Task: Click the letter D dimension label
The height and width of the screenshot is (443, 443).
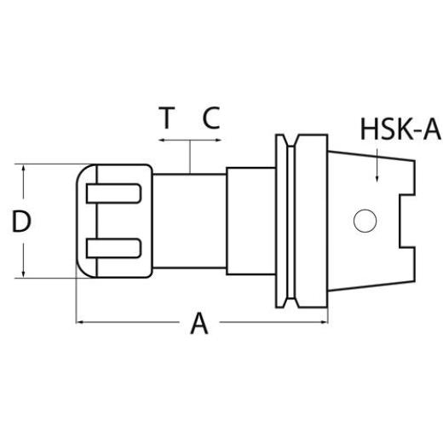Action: coord(22,222)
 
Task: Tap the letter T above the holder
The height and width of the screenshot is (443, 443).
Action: coord(168,118)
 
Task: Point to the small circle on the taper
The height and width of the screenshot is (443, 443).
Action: coord(365,222)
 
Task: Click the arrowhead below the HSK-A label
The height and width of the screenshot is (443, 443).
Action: coord(377,179)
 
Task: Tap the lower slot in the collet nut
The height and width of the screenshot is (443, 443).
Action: coord(114,249)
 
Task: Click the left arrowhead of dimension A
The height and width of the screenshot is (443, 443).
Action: coord(82,322)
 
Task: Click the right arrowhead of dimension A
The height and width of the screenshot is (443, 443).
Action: coord(324,322)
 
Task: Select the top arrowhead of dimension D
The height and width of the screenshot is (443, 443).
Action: coord(24,169)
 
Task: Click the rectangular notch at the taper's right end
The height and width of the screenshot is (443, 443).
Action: coord(407,221)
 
